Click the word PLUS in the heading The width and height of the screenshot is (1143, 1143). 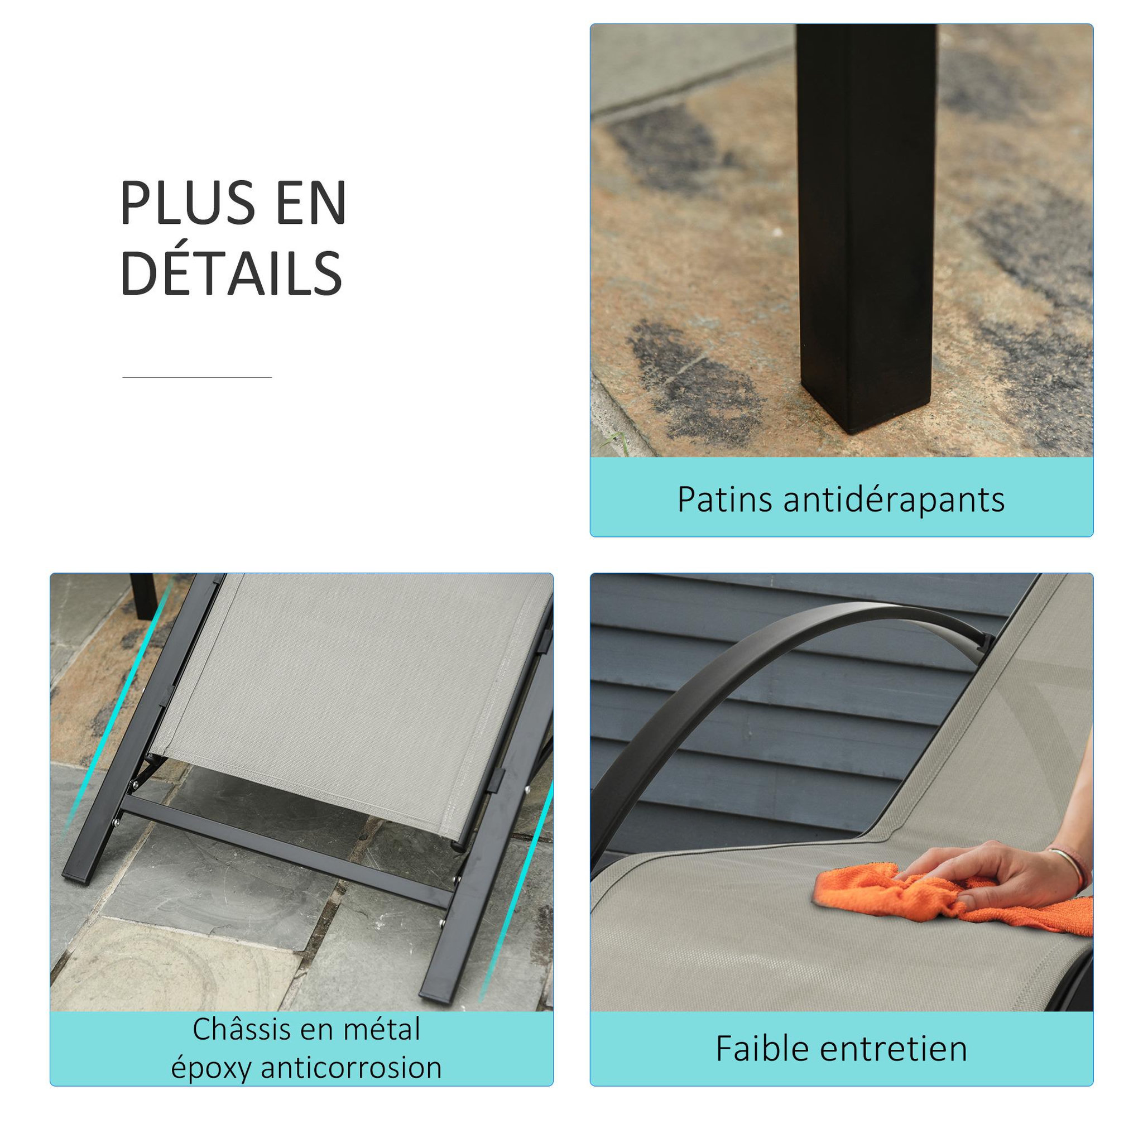188,204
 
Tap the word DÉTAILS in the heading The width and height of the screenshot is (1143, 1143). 231,273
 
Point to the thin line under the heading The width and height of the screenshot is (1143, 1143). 197,377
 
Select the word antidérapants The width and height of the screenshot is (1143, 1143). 894,500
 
